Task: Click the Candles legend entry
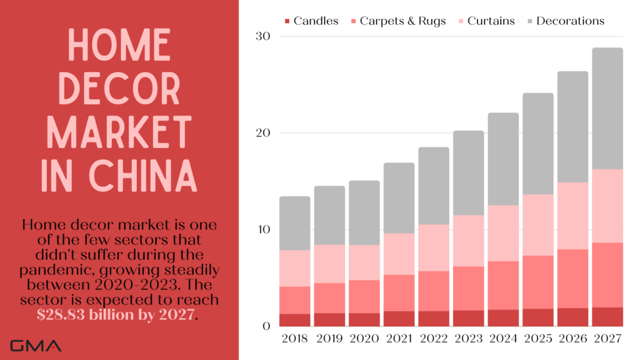pos(311,21)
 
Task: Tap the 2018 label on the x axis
pos(294,339)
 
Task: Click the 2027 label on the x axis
pos(607,339)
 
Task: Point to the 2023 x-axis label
pos(469,339)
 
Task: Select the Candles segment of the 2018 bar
pos(294,319)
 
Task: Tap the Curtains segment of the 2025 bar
pos(538,225)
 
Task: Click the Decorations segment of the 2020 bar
pos(364,212)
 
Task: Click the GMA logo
pos(36,345)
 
